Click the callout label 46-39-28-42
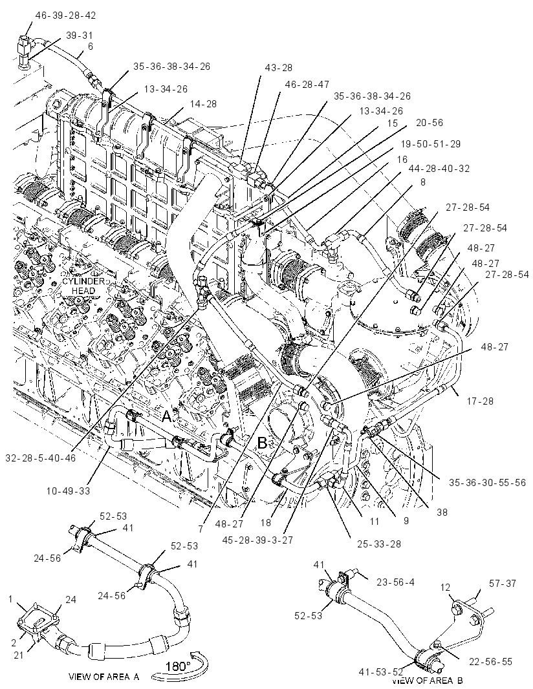[65, 16]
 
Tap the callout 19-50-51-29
[430, 144]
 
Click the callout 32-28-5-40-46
[41, 458]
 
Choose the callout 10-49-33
[67, 491]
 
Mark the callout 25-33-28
[378, 544]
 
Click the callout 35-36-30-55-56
[487, 482]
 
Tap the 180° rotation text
[178, 666]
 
